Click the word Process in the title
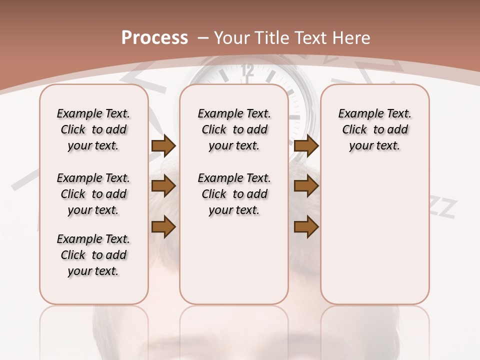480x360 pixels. pos(154,37)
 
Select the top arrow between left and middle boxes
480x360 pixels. pos(163,145)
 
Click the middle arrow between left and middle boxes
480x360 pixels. pos(163,186)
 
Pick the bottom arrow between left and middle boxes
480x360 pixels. pos(163,227)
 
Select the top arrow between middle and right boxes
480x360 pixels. pos(306,145)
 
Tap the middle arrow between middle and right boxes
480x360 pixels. pos(306,186)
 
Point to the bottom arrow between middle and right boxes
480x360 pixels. pos(306,227)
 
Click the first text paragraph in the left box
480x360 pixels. pos(93,129)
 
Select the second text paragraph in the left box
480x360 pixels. pos(93,194)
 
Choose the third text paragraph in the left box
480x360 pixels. pos(93,255)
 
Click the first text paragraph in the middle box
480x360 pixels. pos(234,129)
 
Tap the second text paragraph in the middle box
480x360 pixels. pos(234,194)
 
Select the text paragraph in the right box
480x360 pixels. pos(375,129)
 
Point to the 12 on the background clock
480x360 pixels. pos(247,71)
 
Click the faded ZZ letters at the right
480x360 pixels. pos(442,208)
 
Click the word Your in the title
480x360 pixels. pos(232,38)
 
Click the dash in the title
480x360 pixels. pos(203,38)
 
